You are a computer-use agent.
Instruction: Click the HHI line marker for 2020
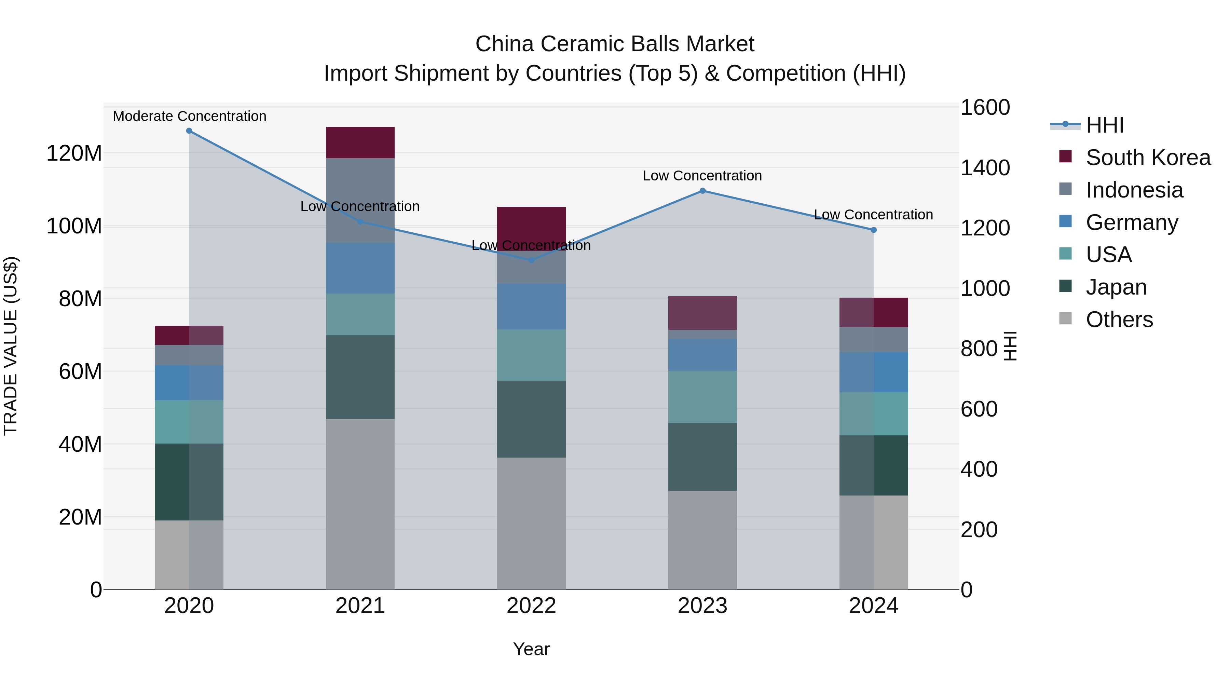(189, 131)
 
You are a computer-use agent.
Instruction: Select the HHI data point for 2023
(702, 191)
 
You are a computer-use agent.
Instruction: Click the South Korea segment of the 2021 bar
(360, 142)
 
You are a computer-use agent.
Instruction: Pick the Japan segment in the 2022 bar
(531, 419)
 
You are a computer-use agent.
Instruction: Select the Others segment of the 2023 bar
(702, 540)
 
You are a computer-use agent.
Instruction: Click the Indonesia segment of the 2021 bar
(360, 186)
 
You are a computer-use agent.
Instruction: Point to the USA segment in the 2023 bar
(702, 396)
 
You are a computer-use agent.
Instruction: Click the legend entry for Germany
(1132, 222)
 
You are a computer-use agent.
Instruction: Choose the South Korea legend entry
(1148, 158)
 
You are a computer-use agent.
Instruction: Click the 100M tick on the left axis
(74, 226)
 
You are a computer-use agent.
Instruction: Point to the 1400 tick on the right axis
(985, 168)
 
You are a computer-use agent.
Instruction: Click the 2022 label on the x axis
(531, 606)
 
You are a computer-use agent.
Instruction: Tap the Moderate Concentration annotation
(190, 116)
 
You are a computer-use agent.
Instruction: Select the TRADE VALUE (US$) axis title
(11, 346)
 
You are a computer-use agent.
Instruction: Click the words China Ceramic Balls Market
(615, 44)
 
